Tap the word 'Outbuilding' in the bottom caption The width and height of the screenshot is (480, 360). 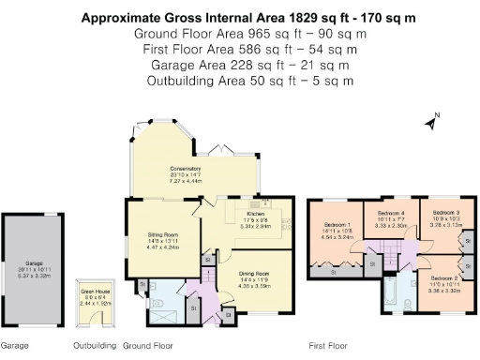coord(95,345)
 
